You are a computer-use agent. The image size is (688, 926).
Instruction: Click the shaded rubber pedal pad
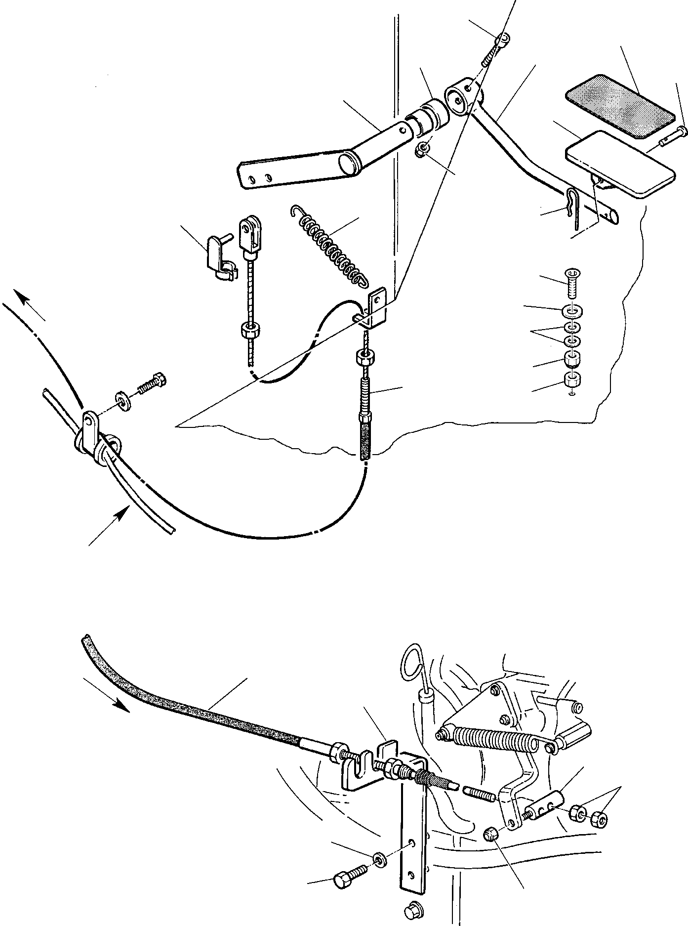coord(619,106)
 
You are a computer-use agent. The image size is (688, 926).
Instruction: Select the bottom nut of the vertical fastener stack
coord(572,380)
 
